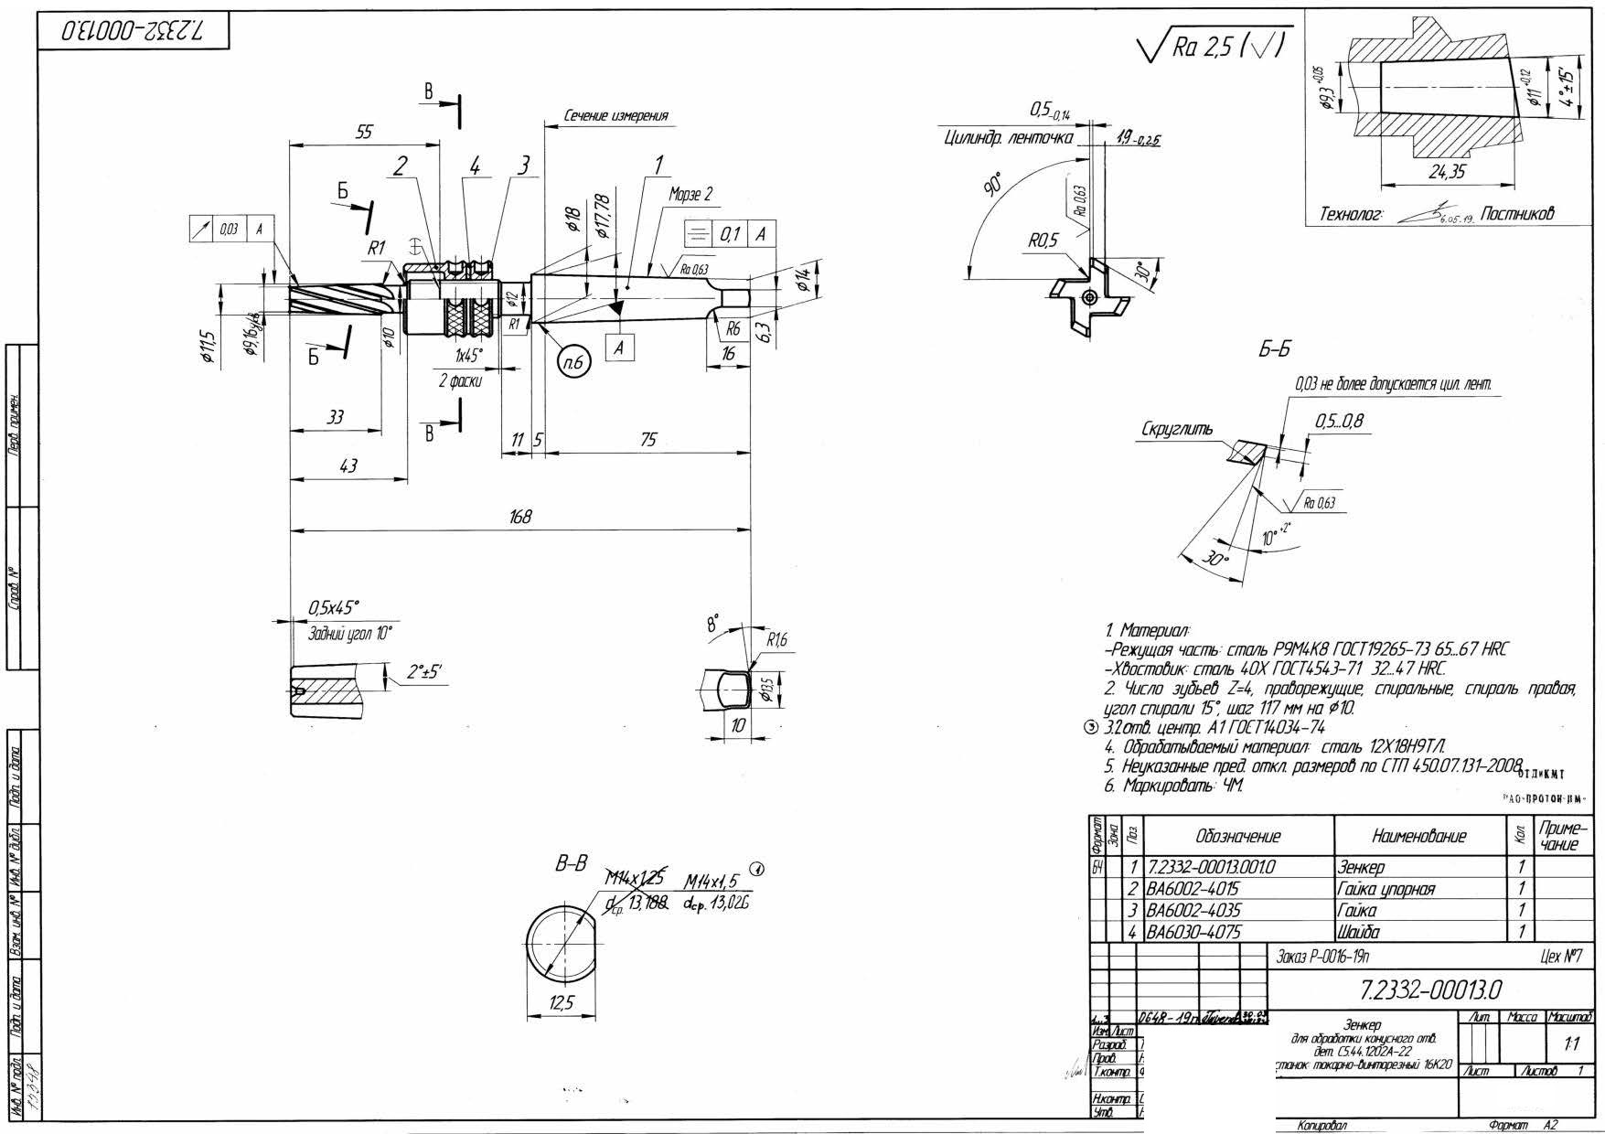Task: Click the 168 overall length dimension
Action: coord(520,517)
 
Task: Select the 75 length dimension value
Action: coord(647,440)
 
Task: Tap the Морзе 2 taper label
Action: coord(690,195)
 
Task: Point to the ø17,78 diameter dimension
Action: coord(603,216)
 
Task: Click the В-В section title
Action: coord(572,862)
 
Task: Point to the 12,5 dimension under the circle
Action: coord(562,1003)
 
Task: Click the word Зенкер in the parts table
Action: coord(1361,866)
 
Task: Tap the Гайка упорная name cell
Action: coord(1386,888)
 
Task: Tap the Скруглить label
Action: coord(1177,429)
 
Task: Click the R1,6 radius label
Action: coord(776,639)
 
